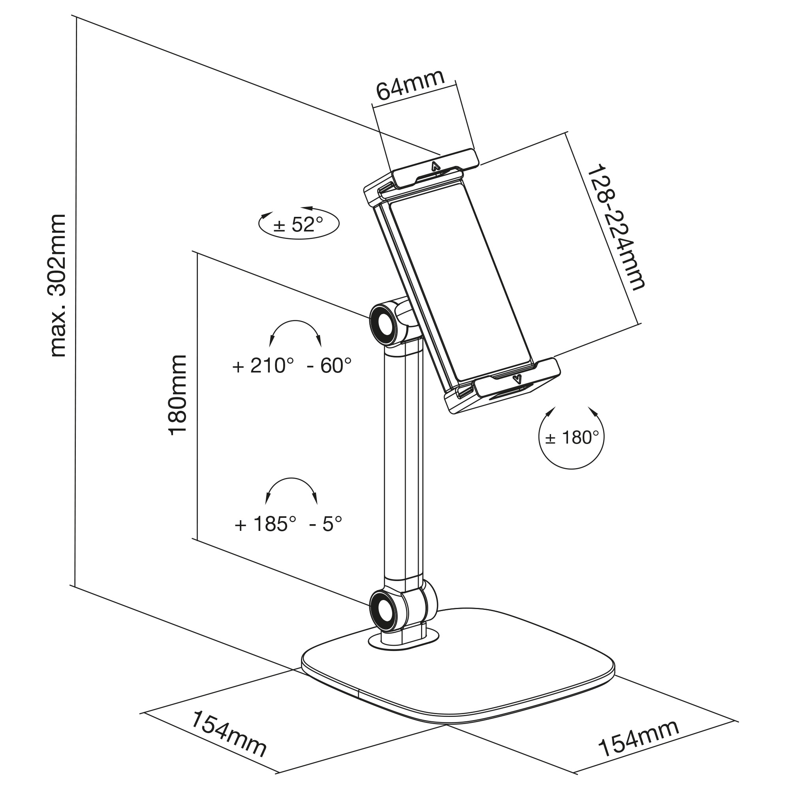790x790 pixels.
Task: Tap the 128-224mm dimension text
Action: (x=615, y=228)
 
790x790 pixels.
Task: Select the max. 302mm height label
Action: (x=57, y=285)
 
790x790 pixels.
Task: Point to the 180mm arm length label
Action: (x=178, y=395)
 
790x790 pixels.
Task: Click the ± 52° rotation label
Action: (x=299, y=224)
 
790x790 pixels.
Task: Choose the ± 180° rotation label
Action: (x=571, y=438)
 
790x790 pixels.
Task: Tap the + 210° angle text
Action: (x=263, y=365)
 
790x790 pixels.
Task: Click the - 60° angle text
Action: (x=329, y=365)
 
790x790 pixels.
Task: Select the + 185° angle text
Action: (x=265, y=524)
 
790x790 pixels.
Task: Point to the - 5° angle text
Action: (x=326, y=524)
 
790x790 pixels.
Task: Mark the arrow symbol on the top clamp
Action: (x=434, y=166)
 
